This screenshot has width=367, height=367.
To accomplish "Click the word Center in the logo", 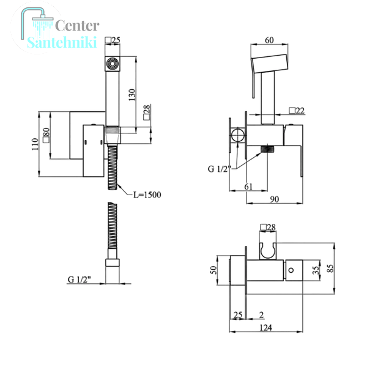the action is click(77, 26).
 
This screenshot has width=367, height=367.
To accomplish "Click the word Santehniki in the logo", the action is click(62, 42).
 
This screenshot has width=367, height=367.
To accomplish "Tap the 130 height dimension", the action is click(132, 95).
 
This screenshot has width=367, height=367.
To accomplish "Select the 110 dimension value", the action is click(35, 144).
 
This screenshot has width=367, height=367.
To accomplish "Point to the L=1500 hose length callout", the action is click(147, 195).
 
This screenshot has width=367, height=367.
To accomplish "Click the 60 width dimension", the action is click(269, 40).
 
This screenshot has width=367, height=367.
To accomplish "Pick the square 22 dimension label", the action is click(297, 111).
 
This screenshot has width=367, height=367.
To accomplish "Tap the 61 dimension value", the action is click(248, 187).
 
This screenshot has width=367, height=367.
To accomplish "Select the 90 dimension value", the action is click(274, 199).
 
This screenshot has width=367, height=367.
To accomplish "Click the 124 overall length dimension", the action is click(265, 328).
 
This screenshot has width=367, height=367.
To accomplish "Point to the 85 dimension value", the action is click(330, 269).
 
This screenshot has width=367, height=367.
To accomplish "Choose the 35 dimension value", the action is click(316, 270).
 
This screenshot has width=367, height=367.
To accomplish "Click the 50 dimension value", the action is click(213, 270).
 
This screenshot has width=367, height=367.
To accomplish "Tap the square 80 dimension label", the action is click(46, 135).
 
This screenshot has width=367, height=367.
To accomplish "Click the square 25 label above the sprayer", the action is click(113, 40).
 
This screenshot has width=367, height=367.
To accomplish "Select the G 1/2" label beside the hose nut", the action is click(79, 280).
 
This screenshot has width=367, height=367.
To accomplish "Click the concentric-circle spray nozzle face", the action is click(112, 64).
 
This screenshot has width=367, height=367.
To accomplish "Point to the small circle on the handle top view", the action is click(291, 270).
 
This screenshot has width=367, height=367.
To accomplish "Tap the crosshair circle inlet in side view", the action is click(238, 135).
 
